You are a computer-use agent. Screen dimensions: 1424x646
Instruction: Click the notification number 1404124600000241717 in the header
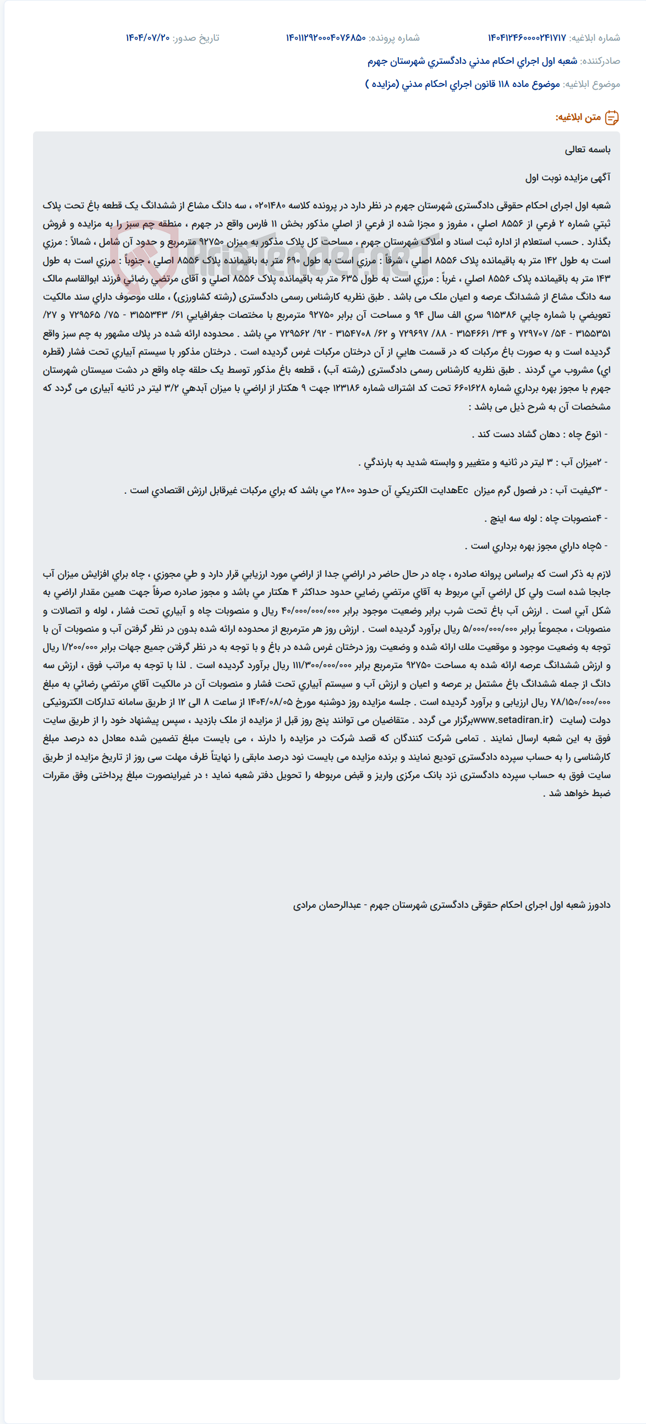[x=527, y=37]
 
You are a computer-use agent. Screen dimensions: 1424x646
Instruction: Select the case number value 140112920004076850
[x=326, y=37]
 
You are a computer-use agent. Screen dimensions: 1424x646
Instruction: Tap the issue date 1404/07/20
[x=147, y=37]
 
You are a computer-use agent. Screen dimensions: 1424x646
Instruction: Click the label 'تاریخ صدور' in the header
[x=196, y=37]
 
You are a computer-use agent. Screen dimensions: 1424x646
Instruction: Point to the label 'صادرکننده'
[x=600, y=61]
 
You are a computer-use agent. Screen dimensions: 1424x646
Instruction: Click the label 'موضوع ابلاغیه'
[x=591, y=84]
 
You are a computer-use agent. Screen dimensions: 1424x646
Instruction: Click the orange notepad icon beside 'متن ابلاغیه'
[x=612, y=117]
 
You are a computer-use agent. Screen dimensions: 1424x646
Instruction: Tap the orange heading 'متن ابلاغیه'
[x=578, y=117]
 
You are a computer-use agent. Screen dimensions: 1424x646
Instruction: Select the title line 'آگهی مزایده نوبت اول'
[x=567, y=178]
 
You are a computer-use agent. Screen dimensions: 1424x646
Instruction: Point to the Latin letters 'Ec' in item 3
[x=462, y=490]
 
